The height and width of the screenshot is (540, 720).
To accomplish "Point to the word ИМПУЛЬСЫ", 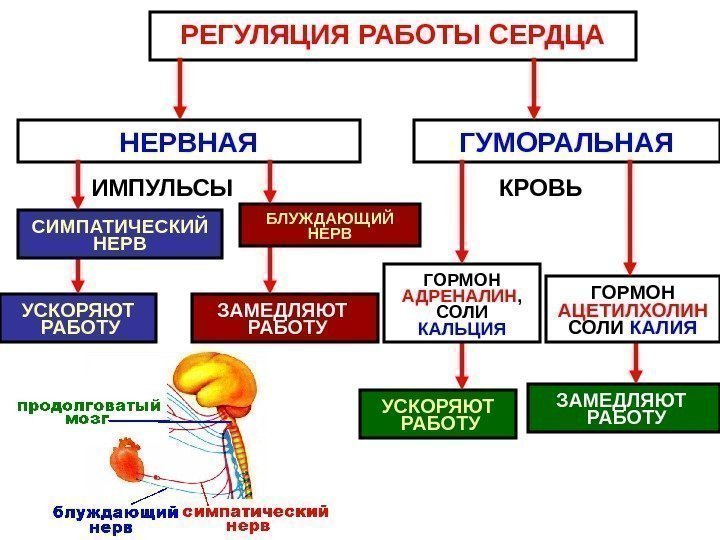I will [162, 188].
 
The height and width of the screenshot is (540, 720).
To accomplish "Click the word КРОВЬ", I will [540, 188].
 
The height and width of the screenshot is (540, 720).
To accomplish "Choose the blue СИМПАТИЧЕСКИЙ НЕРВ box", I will [119, 234].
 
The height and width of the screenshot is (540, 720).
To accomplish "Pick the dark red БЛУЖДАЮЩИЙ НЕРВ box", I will [329, 225].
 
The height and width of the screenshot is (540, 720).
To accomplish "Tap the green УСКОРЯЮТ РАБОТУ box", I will [439, 414].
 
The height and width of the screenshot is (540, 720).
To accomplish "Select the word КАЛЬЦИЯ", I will [462, 329].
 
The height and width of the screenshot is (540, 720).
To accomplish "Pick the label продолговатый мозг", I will [88, 413].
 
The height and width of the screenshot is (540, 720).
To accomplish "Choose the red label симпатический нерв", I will [256, 517].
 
